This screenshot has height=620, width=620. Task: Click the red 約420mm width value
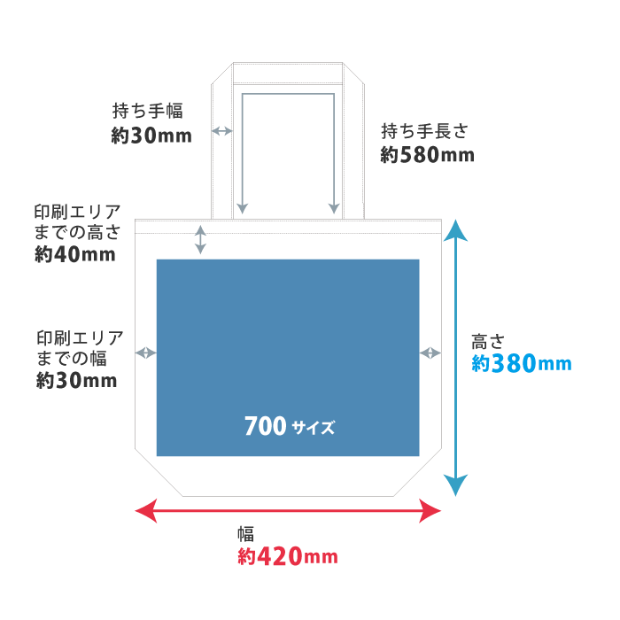[x=288, y=556]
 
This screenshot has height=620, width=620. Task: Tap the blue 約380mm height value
[x=522, y=363]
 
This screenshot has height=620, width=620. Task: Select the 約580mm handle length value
[x=427, y=155]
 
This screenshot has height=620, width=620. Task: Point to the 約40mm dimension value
[x=75, y=254]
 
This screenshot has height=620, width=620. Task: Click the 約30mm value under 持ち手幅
[x=151, y=136]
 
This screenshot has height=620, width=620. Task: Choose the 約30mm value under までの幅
[x=76, y=380]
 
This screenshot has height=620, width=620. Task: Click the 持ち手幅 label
[x=148, y=111]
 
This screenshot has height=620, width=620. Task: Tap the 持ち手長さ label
[x=424, y=131]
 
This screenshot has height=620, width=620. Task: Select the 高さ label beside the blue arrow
[x=488, y=342]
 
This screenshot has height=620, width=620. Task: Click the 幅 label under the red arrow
[x=245, y=534]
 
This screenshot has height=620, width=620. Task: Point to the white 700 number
[x=266, y=426]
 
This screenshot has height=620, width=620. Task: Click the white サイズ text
[x=314, y=428]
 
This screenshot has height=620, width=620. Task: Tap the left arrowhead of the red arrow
[x=146, y=511]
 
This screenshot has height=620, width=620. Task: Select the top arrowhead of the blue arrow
[x=455, y=230]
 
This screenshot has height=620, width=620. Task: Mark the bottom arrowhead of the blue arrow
[x=455, y=485]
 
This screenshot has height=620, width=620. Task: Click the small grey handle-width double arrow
[x=221, y=131]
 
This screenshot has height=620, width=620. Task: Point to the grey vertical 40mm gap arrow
[x=200, y=240]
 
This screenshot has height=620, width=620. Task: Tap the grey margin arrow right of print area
[x=430, y=353]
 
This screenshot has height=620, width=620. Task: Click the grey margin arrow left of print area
[x=146, y=353]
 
